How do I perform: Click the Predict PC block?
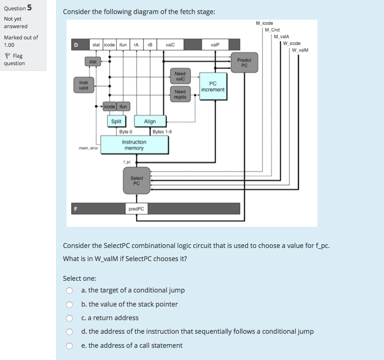pos(244,63)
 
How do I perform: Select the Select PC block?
pos(136,180)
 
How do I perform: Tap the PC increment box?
pos(213,86)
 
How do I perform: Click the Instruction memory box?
pos(134,145)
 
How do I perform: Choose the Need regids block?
pos(180,94)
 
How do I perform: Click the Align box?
pos(150,121)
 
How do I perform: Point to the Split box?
pos(116,121)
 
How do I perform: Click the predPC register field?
pos(136,209)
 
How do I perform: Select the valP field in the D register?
pos(215,45)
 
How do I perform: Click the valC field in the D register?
pos(170,45)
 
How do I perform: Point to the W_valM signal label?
pos(300,50)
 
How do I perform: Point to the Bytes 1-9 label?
pos(162,132)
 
